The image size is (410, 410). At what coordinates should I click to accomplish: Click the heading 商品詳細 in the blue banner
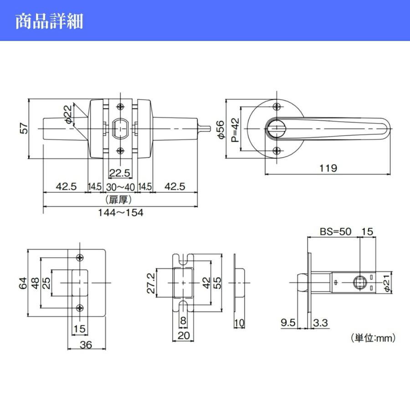click(x=49, y=21)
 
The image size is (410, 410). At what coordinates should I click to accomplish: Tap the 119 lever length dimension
click(x=328, y=168)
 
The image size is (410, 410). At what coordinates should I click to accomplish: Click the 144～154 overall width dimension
click(x=121, y=213)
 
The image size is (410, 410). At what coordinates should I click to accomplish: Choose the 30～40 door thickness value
click(x=121, y=187)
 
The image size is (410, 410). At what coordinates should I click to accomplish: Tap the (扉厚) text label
click(x=121, y=200)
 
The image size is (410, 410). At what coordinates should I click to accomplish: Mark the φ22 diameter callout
click(x=67, y=114)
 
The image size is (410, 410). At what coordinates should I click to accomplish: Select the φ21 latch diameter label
click(x=386, y=283)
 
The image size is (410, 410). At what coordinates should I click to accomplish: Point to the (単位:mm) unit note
click(x=373, y=338)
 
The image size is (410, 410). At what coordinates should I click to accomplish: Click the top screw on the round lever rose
click(x=276, y=107)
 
